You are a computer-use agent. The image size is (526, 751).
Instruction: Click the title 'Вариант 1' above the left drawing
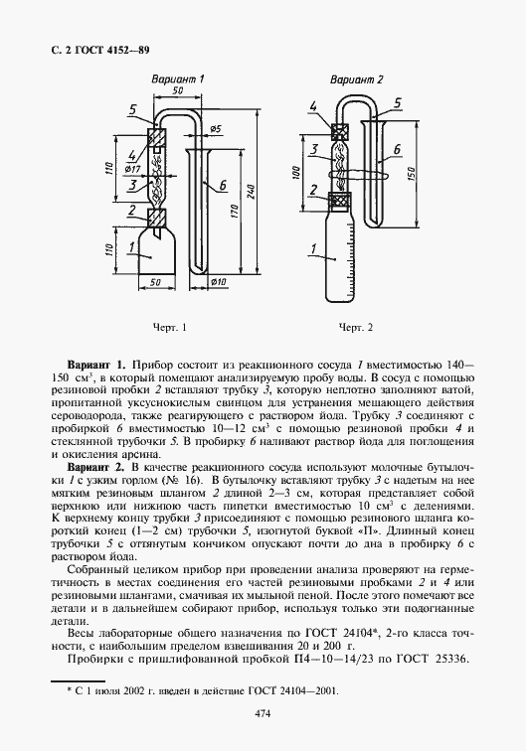(177, 76)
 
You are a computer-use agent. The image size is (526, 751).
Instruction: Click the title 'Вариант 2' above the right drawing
(356, 76)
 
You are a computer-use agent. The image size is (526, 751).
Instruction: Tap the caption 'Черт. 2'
(355, 327)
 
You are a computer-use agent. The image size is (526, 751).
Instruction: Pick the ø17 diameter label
(132, 170)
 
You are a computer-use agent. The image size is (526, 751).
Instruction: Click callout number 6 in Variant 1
(224, 185)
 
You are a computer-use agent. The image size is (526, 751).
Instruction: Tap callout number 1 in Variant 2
(314, 247)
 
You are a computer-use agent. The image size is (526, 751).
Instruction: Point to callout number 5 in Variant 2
(397, 102)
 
